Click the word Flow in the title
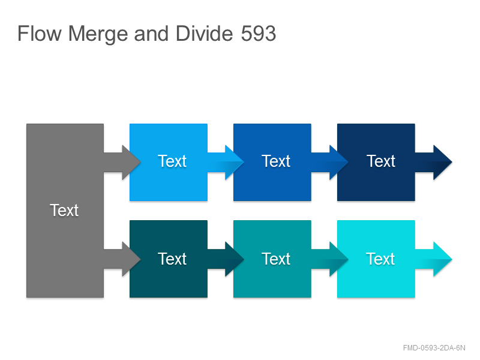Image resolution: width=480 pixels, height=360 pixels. pos(40,34)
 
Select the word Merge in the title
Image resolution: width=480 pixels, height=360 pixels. pos(98,34)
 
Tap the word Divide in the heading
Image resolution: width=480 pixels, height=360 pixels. pos(205,34)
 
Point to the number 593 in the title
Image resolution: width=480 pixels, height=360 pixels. pos(259,34)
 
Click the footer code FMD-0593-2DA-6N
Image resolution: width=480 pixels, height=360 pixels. pos(434,348)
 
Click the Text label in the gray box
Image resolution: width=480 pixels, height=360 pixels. pos(64,211)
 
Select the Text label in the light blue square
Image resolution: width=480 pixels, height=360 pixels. pos(172,161)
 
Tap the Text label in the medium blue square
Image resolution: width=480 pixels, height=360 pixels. pos(276,161)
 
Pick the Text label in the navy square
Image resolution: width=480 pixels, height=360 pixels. pos(381,161)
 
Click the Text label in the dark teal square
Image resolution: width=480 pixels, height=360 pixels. pos(172,259)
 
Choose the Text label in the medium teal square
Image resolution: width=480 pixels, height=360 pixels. pos(276,259)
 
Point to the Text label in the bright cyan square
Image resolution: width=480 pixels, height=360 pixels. pos(380,259)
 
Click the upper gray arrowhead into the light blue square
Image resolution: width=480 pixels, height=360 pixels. pos(131,162)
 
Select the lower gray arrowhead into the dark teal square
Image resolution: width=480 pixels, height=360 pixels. pos(131,259)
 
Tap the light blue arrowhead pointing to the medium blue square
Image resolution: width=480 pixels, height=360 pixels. pos(235,162)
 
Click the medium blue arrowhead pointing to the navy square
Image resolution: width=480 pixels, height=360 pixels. pos(338,162)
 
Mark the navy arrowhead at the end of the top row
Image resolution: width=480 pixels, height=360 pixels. pos(443,162)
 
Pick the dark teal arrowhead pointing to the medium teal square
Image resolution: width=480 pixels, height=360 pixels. pos(235,259)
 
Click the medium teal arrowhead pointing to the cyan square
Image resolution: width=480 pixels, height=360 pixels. pos(338,259)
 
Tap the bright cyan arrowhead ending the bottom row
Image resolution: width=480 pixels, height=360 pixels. pos(443,259)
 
